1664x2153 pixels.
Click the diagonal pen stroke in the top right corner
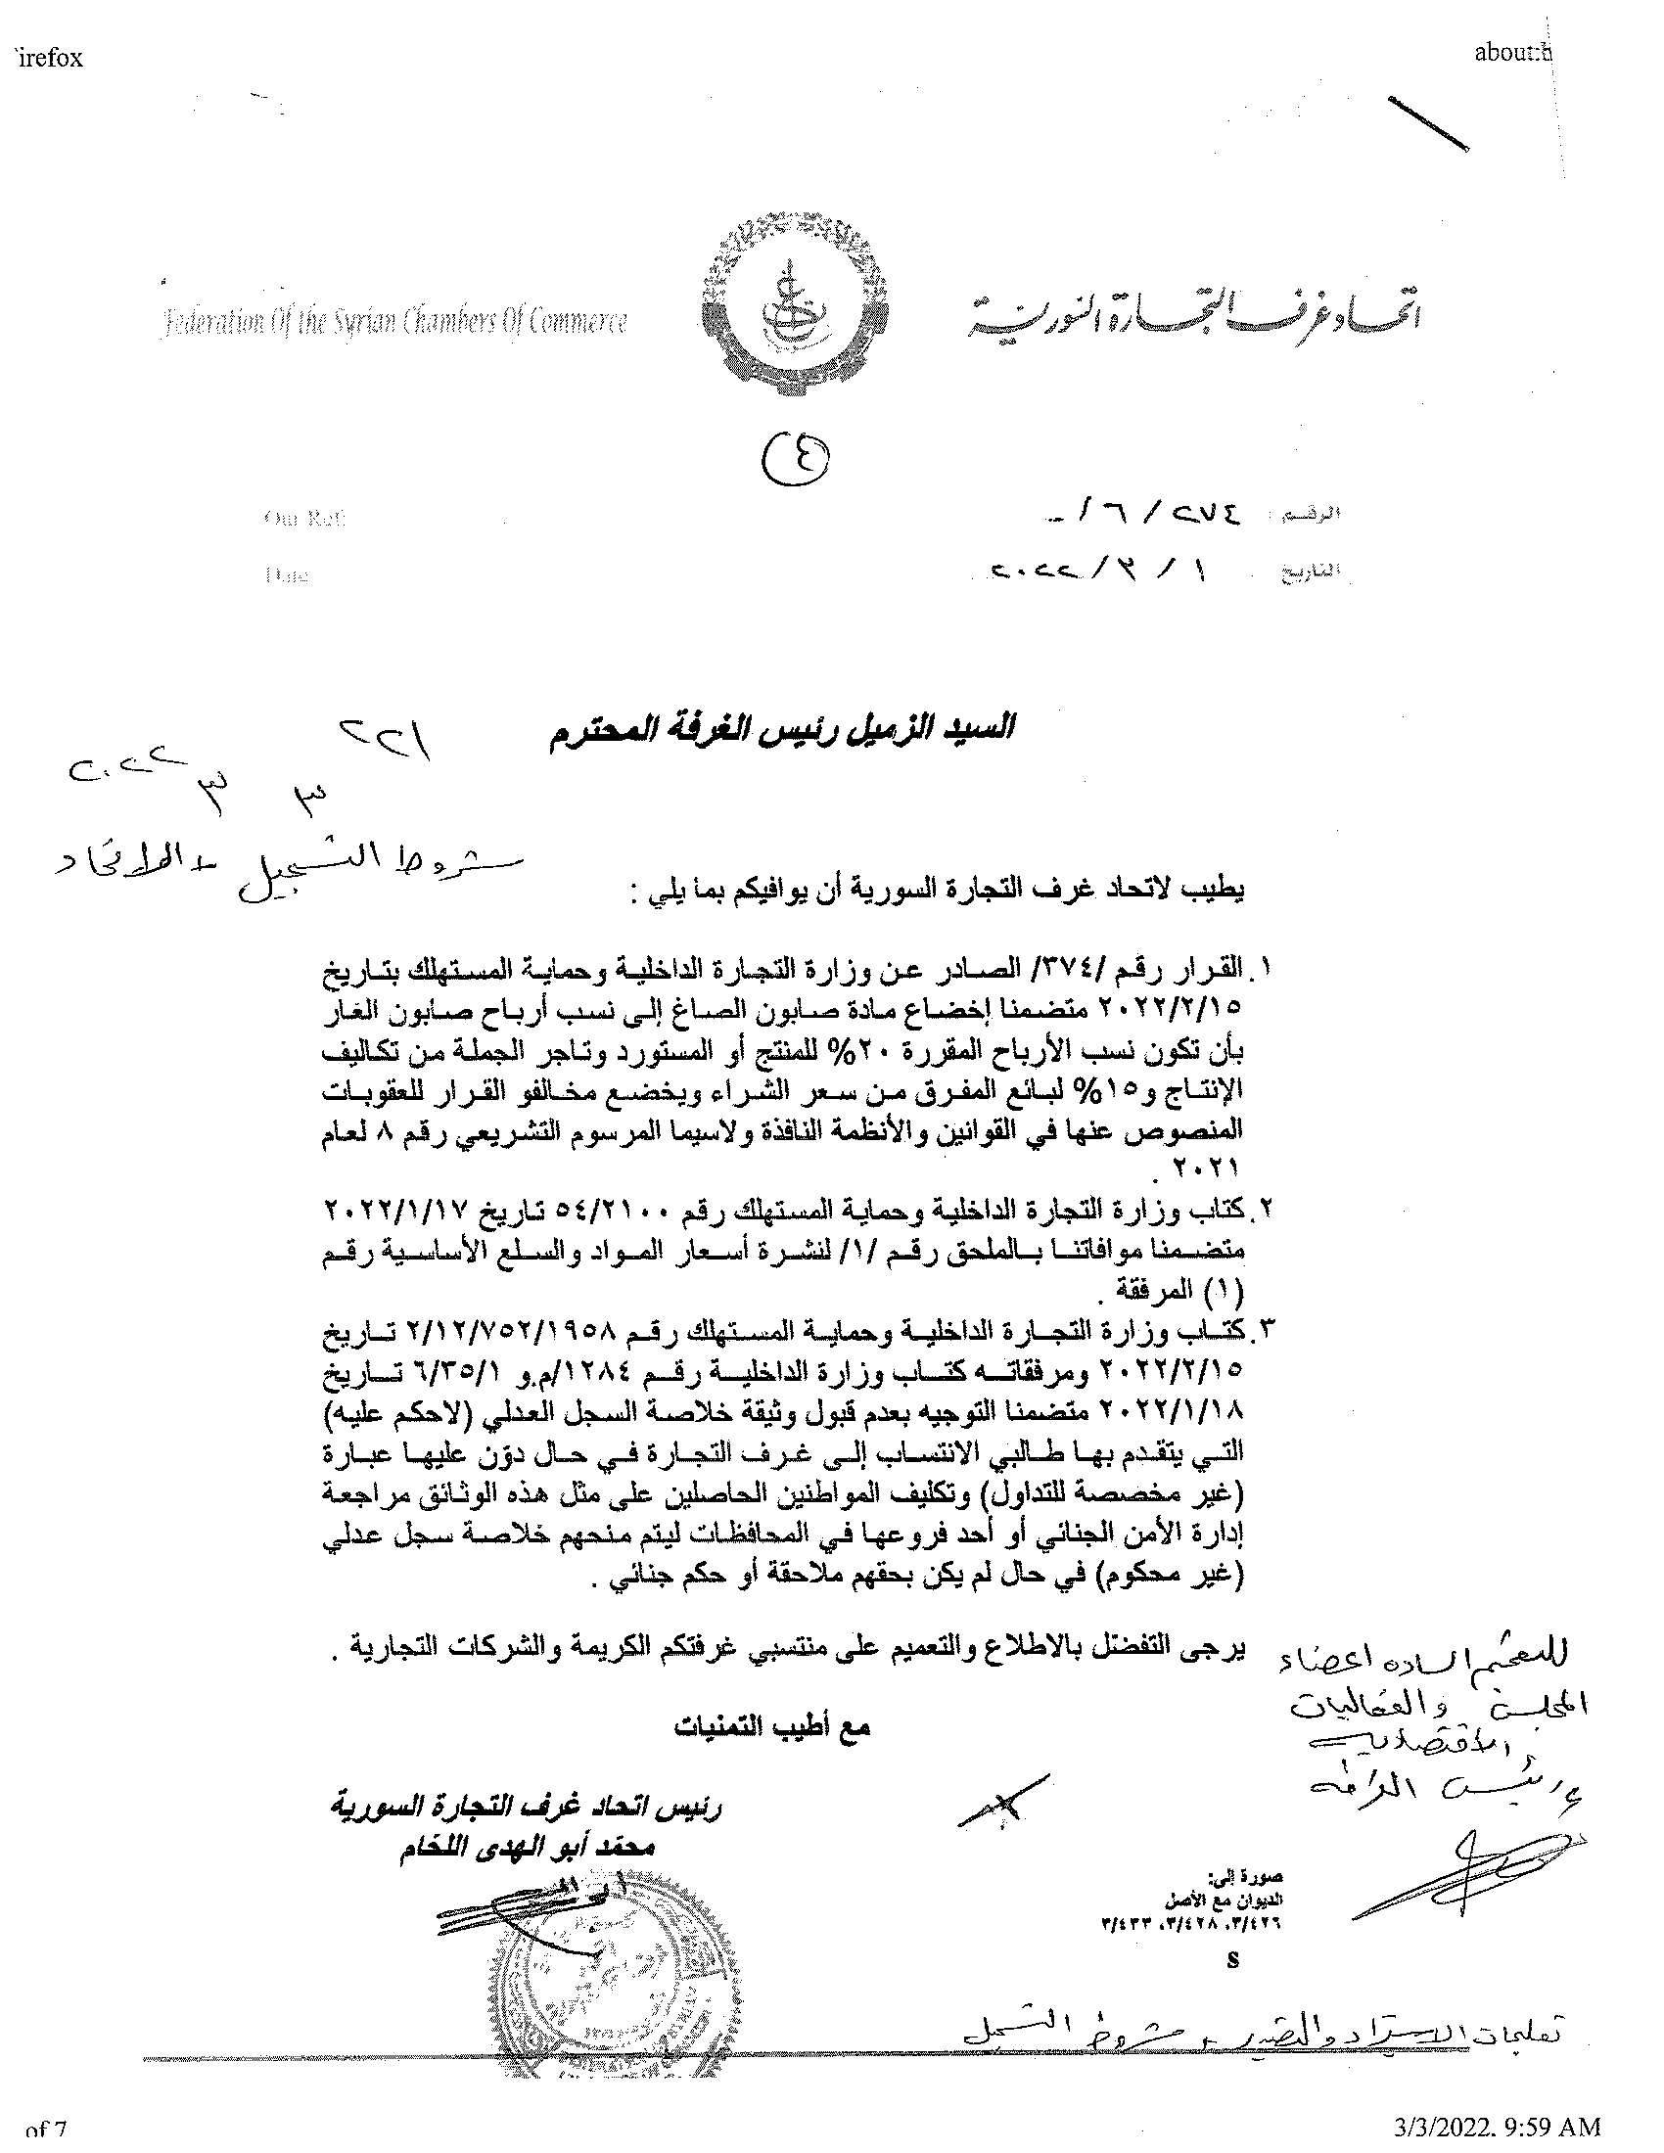click(x=1427, y=123)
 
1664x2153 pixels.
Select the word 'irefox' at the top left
click(x=49, y=58)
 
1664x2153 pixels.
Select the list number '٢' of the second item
click(x=1265, y=1210)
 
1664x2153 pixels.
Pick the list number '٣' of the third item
click(x=1265, y=1330)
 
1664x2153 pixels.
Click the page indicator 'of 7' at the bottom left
click(x=45, y=2139)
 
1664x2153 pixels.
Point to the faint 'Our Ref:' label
click(x=304, y=518)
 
